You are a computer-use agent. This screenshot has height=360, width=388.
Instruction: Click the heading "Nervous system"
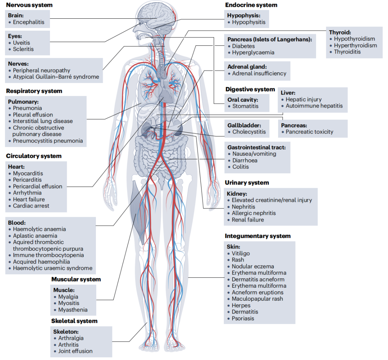[29, 5]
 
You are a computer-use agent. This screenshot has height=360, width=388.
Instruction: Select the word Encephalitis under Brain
[29, 22]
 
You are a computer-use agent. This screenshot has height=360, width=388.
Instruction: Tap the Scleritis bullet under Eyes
[23, 49]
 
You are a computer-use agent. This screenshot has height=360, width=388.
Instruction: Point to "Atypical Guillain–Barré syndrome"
[56, 77]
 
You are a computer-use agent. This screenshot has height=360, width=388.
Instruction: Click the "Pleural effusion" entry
[33, 115]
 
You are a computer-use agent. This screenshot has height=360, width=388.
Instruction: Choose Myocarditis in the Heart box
[28, 173]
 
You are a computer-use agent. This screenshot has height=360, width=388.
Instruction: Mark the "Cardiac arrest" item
[31, 206]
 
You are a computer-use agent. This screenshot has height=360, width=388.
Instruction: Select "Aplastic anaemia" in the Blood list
[35, 236]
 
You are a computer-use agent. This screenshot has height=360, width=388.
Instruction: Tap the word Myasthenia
[73, 310]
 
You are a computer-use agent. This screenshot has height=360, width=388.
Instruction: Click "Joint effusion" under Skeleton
[75, 351]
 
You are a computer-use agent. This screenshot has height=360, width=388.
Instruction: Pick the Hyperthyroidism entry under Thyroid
[355, 45]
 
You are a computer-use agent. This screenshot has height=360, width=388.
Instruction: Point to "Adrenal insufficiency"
[259, 73]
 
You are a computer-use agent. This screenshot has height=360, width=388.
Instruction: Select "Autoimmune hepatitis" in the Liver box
[314, 106]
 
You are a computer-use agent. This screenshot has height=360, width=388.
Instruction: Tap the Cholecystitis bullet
[249, 132]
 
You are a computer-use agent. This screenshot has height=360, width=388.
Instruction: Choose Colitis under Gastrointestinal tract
[240, 167]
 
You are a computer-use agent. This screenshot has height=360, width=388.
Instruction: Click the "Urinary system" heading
[247, 183]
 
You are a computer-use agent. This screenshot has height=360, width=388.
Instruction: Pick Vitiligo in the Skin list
[241, 253]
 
